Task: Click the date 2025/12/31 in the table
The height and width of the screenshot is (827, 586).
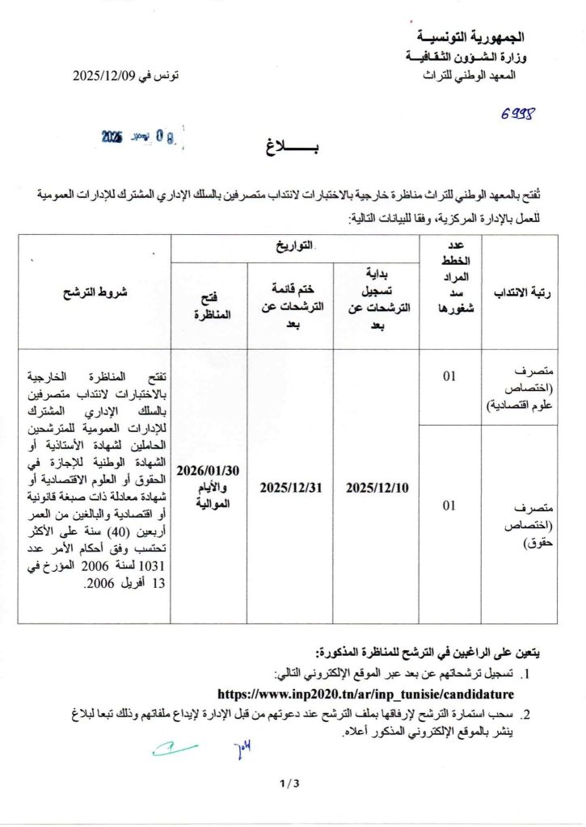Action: coord(290,487)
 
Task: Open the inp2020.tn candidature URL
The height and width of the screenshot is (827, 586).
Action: coord(366,694)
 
